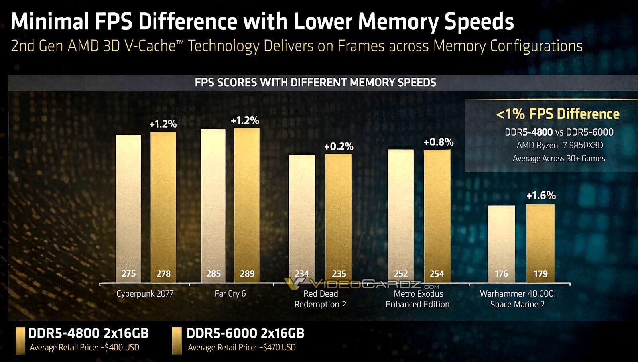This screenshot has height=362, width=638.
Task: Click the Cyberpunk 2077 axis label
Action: [145, 294]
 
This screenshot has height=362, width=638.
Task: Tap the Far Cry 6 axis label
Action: [230, 294]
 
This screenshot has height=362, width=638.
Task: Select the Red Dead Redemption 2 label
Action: [320, 299]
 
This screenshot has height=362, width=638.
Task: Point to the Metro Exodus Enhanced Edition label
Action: [417, 299]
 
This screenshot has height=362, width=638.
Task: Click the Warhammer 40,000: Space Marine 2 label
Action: [518, 299]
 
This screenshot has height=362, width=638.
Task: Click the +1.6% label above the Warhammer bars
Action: [541, 195]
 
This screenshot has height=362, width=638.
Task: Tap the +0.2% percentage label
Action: [339, 146]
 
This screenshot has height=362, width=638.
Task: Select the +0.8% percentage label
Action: [438, 142]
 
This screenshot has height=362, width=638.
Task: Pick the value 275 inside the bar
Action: [128, 274]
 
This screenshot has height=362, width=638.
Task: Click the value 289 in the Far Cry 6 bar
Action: [247, 274]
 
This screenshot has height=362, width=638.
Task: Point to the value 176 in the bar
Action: [501, 274]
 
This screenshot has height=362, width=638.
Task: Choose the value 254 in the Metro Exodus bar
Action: [437, 274]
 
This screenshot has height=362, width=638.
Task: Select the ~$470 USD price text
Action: [278, 348]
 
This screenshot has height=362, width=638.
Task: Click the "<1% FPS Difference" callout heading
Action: [558, 114]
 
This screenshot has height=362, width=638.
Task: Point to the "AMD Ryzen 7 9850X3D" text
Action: [559, 145]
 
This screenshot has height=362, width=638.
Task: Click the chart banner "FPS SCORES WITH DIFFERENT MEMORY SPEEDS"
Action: [315, 83]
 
